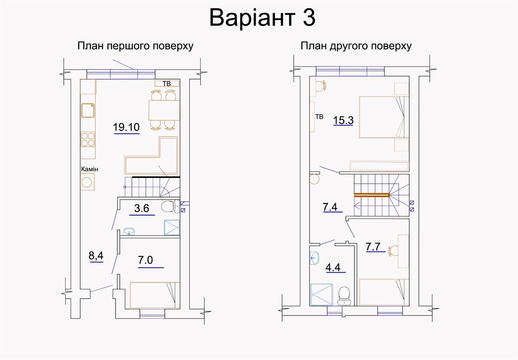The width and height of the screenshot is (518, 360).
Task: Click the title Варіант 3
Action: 262,18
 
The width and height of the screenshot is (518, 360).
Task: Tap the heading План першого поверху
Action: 135,46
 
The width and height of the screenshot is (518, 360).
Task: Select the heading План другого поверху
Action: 356,46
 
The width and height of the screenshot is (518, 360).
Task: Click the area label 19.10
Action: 126,127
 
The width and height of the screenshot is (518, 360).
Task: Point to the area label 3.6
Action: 142,208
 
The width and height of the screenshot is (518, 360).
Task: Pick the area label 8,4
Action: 96,256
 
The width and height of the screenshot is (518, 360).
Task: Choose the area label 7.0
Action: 145,260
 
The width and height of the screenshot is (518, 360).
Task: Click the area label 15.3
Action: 343,120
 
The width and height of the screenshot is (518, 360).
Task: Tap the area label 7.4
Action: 330,207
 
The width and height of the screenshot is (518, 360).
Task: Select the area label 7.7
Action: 373,247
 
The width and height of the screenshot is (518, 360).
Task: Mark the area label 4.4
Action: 333,268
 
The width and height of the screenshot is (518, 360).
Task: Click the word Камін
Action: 89,169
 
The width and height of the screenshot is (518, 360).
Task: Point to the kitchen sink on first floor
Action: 88,110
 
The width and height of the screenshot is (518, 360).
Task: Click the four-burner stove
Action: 88,140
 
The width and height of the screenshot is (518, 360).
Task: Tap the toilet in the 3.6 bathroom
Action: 170,207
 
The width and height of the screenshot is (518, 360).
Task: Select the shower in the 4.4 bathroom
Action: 322,294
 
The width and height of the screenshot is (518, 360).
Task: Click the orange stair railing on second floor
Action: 372,195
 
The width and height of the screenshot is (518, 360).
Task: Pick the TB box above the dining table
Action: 167,84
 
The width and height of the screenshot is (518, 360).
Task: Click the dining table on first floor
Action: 164,110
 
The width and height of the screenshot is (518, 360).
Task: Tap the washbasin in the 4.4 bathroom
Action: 314,258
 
